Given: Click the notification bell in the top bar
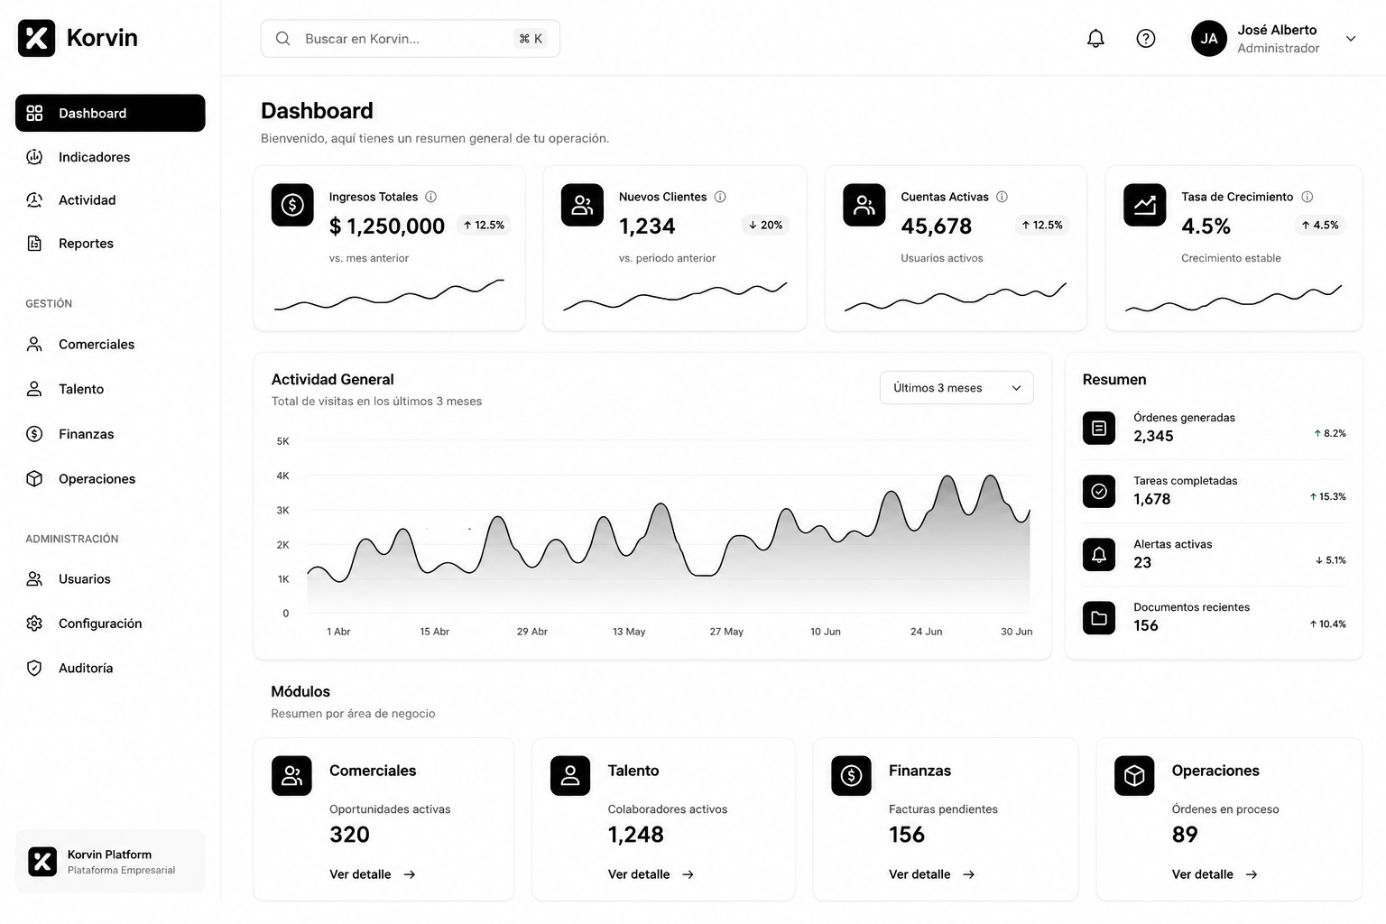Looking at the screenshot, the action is tap(1095, 39).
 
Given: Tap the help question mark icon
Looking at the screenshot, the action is tap(1145, 39).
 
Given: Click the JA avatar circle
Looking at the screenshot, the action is tap(1208, 39).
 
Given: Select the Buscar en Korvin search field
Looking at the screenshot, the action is tap(411, 39).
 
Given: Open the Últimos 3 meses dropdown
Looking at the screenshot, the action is tap(956, 387).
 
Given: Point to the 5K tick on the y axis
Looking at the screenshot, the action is tap(282, 441).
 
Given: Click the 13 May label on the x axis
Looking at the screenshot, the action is tap(629, 632).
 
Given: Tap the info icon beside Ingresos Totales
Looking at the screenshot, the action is tap(430, 197).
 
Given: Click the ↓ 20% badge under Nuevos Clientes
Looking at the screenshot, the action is tap(765, 225).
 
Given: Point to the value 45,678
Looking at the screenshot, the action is tap(936, 226).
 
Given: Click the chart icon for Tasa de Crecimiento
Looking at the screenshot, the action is tap(1144, 205).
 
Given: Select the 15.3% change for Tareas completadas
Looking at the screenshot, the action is tap(1327, 496).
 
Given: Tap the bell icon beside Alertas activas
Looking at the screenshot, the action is tap(1098, 555).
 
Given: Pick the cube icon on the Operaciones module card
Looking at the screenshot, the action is tap(1133, 775).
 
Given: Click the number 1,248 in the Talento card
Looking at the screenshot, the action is tap(635, 835).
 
